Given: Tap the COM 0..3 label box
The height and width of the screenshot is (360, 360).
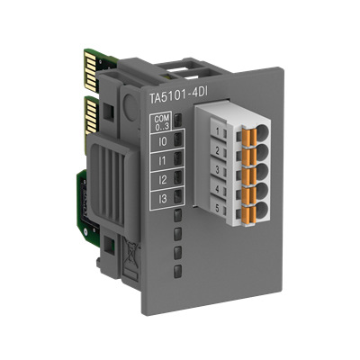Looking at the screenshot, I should click(x=161, y=122).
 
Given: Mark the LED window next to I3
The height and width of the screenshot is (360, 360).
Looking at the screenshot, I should click(x=180, y=195).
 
